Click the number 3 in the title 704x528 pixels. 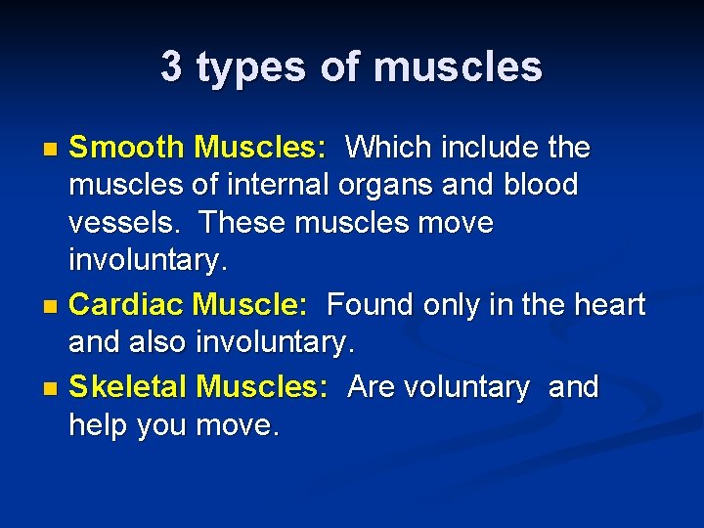pyautogui.click(x=171, y=67)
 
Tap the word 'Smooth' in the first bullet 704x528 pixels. pyautogui.click(x=126, y=148)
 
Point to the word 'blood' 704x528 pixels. pyautogui.click(x=541, y=185)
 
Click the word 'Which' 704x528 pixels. pyautogui.click(x=390, y=148)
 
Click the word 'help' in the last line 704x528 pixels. pyautogui.click(x=97, y=426)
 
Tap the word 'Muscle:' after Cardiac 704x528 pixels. pyautogui.click(x=250, y=305)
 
